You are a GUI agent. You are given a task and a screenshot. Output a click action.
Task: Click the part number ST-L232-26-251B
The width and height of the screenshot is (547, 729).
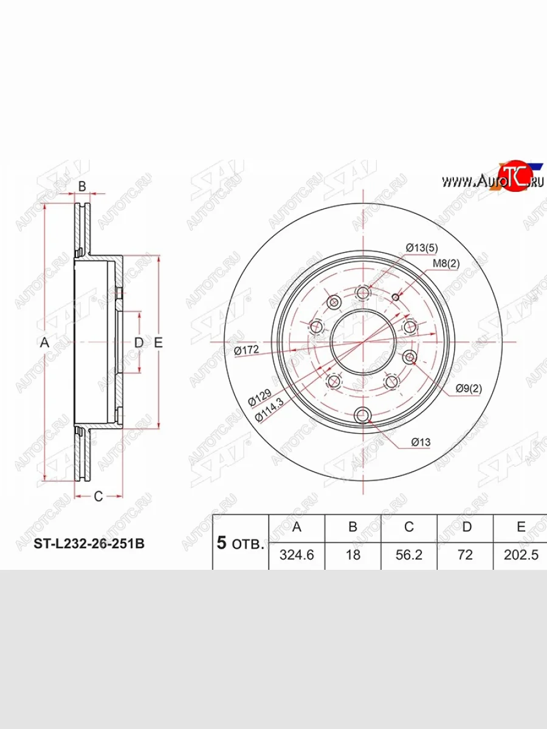(x=88, y=544)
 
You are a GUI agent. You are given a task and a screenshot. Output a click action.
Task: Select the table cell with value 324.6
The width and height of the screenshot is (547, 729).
(x=296, y=555)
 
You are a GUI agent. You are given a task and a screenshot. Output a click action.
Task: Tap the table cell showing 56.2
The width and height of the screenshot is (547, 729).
(x=408, y=555)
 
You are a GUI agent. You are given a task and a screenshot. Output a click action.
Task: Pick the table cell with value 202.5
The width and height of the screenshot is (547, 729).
(x=521, y=555)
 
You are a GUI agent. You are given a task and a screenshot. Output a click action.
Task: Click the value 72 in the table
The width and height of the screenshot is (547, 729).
(x=465, y=555)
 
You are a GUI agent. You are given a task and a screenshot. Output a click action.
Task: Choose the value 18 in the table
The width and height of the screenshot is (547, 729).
(x=353, y=555)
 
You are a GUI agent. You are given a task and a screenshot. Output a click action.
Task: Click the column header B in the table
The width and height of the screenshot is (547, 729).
(x=353, y=527)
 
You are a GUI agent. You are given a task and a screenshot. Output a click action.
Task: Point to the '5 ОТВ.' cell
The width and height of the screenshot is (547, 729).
(x=240, y=542)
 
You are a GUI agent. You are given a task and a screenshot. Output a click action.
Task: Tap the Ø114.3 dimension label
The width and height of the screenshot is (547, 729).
(x=269, y=409)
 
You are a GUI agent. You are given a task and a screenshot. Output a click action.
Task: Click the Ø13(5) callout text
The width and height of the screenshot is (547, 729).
(x=422, y=247)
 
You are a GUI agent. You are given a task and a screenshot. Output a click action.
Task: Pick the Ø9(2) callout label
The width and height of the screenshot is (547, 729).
(x=469, y=389)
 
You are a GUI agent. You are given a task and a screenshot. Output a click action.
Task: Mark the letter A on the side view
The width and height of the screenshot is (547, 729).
(x=44, y=343)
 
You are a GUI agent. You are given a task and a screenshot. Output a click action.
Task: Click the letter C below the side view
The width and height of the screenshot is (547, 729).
(x=98, y=496)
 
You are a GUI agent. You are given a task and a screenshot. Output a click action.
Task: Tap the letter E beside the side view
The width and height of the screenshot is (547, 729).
(x=158, y=343)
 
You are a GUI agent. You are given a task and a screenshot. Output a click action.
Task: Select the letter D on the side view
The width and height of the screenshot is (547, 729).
(x=139, y=343)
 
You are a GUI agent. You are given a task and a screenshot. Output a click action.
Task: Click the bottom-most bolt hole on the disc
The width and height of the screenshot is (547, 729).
(x=363, y=416)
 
